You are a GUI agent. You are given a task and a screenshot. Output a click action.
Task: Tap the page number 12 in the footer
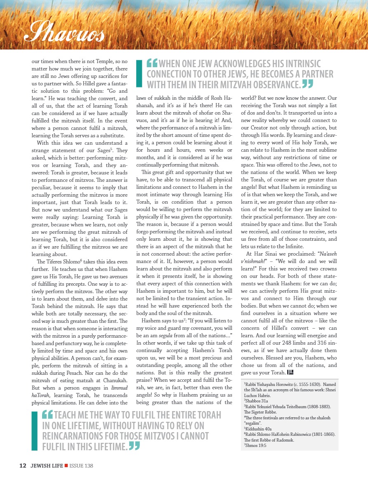(x=23, y=466)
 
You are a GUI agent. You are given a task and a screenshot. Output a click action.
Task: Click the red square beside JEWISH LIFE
(x=66, y=466)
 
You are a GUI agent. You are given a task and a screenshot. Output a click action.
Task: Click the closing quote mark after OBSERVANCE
(x=308, y=84)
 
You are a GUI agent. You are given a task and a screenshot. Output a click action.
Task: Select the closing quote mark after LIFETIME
(x=134, y=445)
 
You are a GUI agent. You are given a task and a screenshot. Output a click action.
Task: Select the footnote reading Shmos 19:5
(x=256, y=445)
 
